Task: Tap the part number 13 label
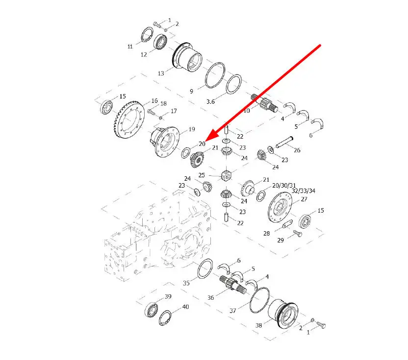coord(161,73)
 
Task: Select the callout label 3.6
coord(210,101)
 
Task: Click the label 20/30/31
coord(284,185)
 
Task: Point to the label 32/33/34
coord(304,191)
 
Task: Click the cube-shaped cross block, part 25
coord(226,175)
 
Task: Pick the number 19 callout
coord(192,129)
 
